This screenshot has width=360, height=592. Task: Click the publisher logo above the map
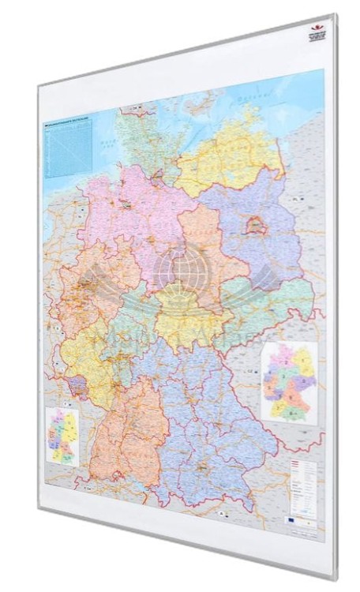pyautogui.click(x=316, y=32)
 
